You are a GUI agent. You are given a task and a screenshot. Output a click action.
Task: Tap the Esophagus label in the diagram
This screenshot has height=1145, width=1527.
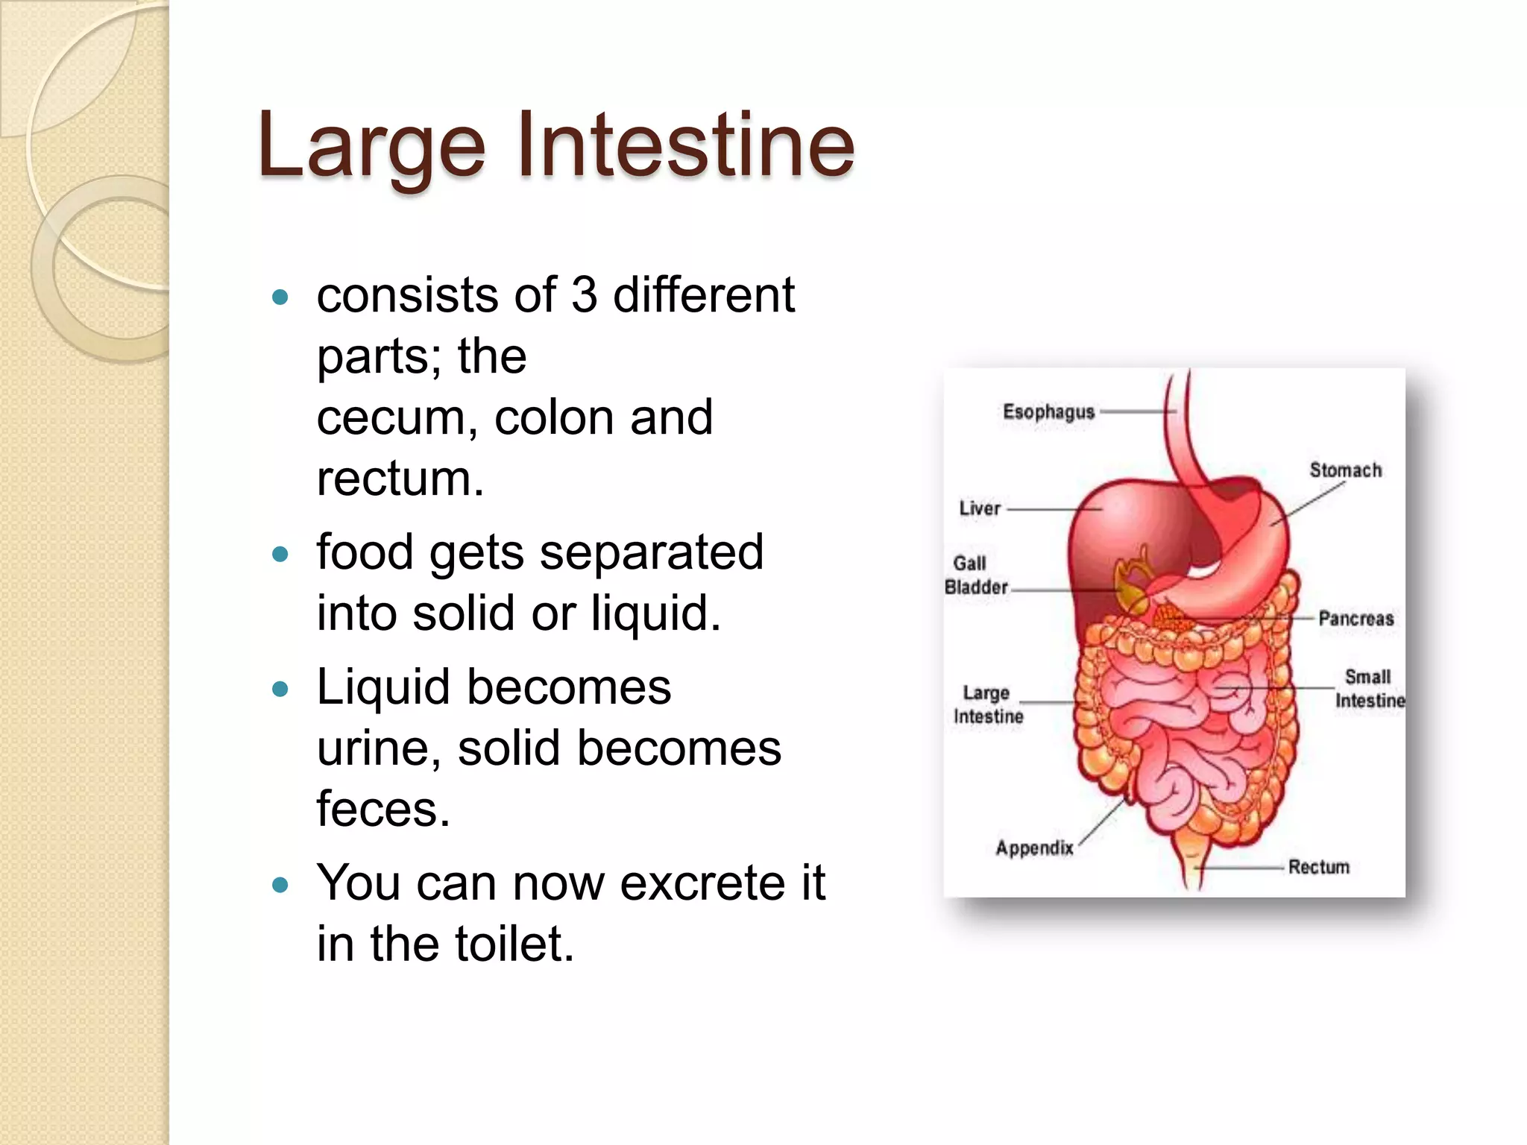(1048, 411)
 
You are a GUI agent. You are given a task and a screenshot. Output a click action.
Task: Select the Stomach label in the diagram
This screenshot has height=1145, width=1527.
(1345, 470)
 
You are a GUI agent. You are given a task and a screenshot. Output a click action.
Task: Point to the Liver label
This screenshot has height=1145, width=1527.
(979, 508)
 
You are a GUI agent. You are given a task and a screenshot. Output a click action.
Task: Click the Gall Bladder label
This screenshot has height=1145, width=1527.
(975, 575)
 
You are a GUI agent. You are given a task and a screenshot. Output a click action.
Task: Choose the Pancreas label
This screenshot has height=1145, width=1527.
(1356, 618)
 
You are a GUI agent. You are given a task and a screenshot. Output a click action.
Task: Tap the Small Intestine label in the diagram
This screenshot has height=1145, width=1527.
(1369, 688)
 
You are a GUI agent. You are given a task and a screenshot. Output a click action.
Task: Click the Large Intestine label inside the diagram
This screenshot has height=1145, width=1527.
(987, 704)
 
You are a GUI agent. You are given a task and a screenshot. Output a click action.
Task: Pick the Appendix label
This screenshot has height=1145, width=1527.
(1034, 848)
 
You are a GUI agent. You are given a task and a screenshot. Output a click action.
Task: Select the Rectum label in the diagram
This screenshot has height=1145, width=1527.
(1318, 867)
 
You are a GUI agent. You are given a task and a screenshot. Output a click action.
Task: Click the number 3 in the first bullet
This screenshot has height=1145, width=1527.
(584, 294)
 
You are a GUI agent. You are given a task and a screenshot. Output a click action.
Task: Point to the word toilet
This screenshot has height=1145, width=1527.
(514, 944)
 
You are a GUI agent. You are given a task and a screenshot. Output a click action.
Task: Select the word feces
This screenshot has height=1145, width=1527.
(383, 810)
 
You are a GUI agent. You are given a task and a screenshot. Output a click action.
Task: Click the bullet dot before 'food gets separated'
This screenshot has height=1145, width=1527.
(280, 555)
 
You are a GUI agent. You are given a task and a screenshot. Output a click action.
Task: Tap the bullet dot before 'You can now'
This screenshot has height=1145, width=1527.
(280, 886)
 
